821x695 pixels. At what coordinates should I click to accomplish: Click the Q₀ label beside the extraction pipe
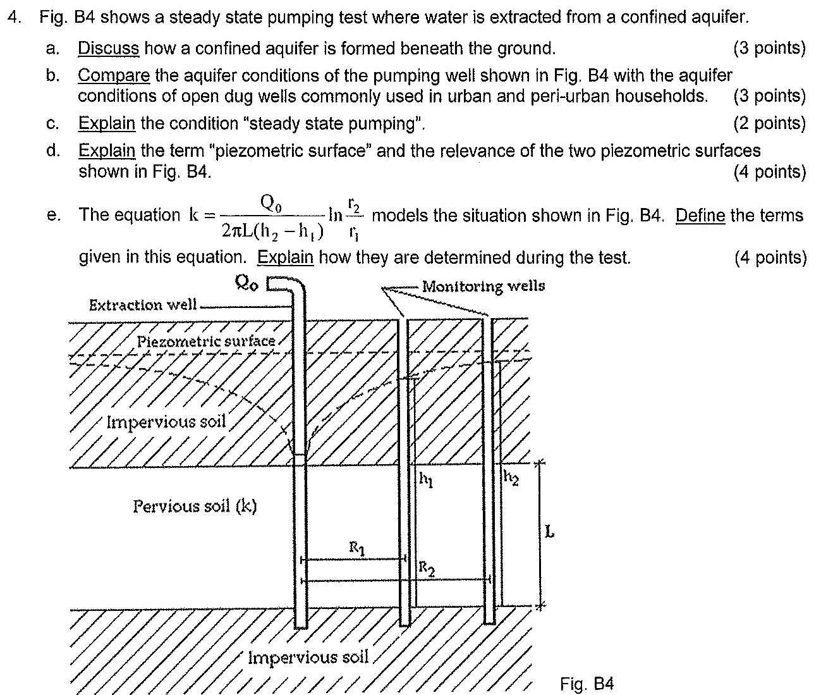click(x=246, y=283)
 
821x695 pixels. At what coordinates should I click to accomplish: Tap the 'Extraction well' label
click(x=143, y=305)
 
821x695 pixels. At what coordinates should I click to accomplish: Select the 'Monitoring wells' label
click(x=483, y=286)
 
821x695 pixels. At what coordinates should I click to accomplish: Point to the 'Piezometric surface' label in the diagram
click(x=206, y=341)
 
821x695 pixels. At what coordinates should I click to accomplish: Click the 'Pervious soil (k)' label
click(x=195, y=507)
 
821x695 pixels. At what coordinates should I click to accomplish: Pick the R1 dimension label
click(x=357, y=548)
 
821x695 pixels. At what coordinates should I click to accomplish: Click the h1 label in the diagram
click(x=426, y=479)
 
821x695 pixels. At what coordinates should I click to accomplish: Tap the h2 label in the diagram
click(x=511, y=477)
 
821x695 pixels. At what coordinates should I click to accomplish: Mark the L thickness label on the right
click(x=549, y=531)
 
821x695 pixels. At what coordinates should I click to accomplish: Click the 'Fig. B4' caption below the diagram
click(x=587, y=684)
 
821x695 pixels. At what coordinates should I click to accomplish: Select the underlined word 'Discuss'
click(x=109, y=49)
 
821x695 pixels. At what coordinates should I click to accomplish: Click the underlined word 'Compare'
click(x=114, y=75)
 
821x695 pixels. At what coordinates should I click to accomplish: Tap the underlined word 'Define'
click(x=700, y=216)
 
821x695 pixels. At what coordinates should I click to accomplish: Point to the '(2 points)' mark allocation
click(x=770, y=123)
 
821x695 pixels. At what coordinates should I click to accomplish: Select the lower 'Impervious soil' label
click(x=308, y=657)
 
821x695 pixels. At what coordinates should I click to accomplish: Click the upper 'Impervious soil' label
click(x=166, y=422)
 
